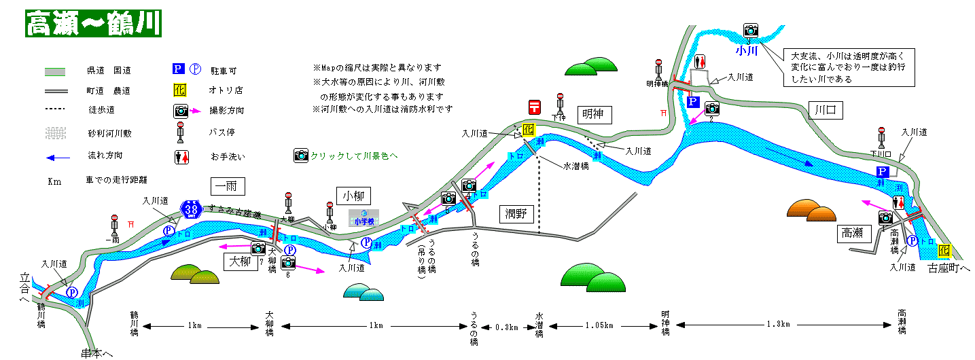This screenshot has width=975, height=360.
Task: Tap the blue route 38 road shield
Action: tap(191, 209)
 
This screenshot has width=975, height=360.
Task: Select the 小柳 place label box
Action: tap(354, 196)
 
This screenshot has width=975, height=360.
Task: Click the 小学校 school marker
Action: tap(364, 219)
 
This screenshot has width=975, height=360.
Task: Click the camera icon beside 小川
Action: tap(750, 30)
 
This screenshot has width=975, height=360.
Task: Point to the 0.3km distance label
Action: tap(506, 326)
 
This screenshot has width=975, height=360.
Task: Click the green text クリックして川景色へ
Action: tap(353, 156)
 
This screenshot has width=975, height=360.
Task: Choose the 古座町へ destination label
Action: tap(949, 269)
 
